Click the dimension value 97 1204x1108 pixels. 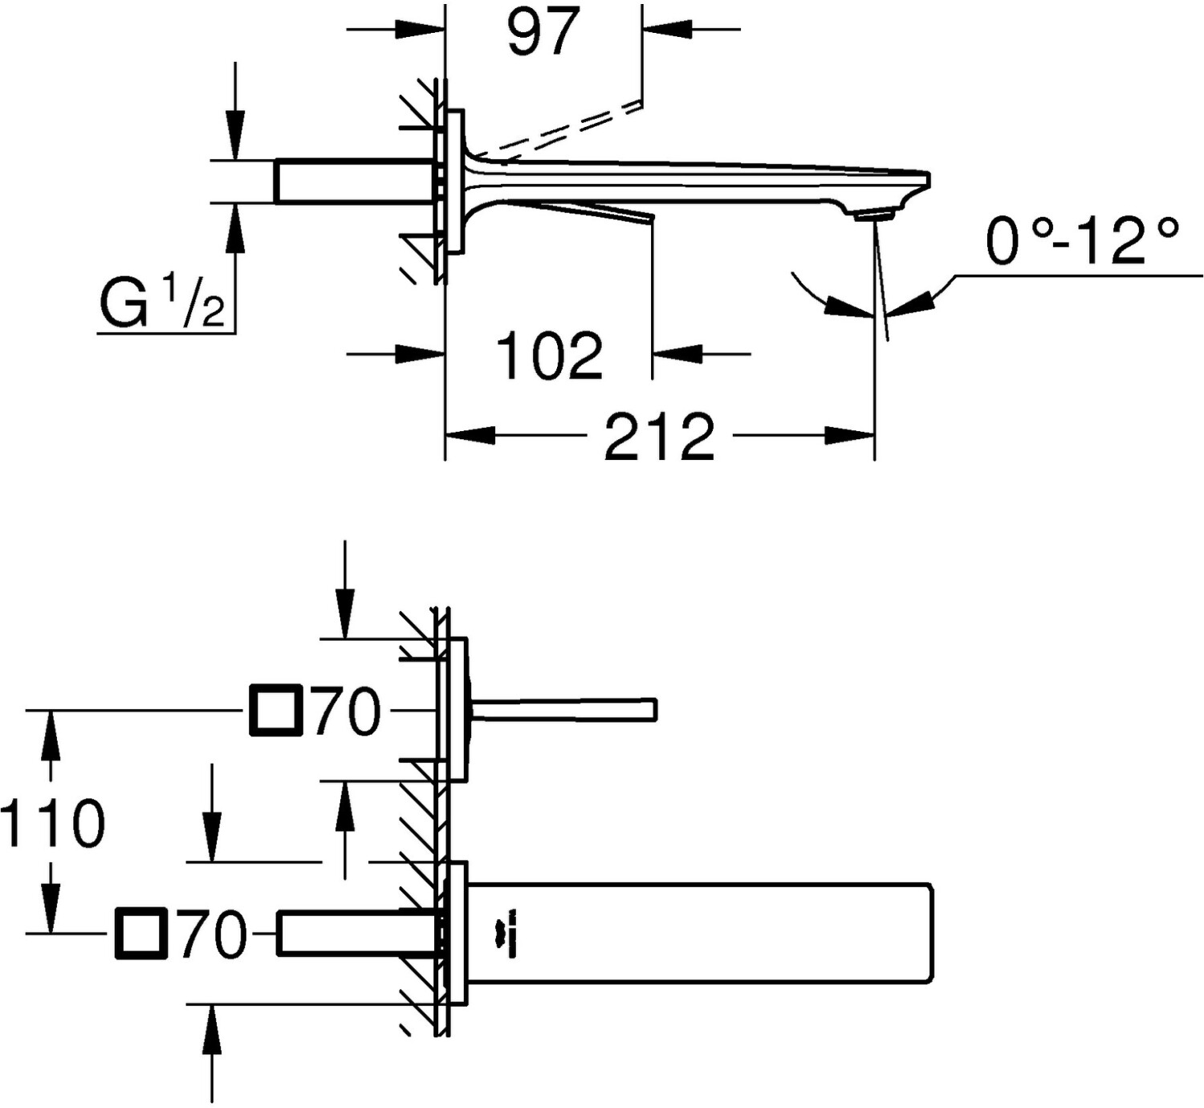(x=543, y=32)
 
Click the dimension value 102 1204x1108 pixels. (x=549, y=356)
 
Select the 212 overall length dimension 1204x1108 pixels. (x=658, y=437)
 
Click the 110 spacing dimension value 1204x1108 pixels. (x=53, y=824)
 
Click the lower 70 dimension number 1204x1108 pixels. (x=213, y=935)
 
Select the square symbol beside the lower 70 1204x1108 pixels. (x=141, y=934)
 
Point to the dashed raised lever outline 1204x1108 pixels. (x=562, y=128)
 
